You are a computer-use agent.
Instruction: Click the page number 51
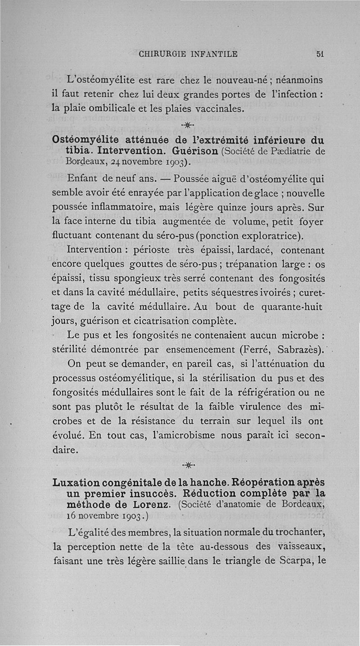[x=320, y=54]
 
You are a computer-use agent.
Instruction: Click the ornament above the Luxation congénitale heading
[x=189, y=465]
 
